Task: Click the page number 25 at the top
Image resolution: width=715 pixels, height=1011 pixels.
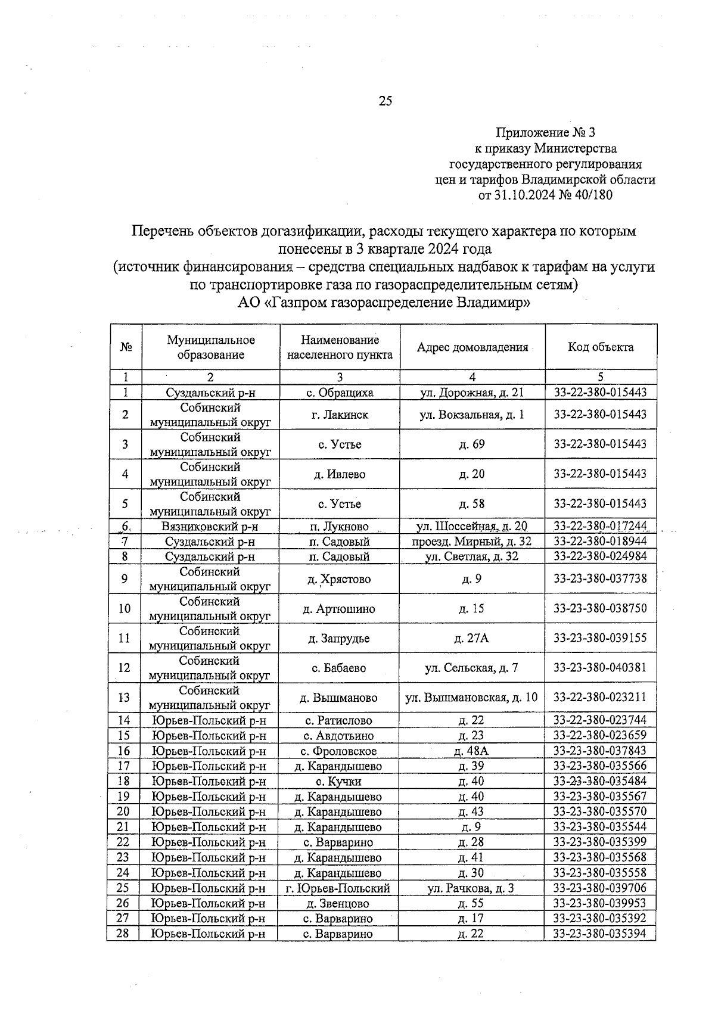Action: tap(385, 101)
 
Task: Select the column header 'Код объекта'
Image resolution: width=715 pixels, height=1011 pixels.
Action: tap(601, 347)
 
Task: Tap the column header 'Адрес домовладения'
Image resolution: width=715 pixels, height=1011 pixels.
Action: tap(472, 347)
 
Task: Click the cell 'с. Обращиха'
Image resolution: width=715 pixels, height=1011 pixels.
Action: tap(340, 393)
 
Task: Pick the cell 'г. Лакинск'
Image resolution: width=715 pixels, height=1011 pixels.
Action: tap(340, 415)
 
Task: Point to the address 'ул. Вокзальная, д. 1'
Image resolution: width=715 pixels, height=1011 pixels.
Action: tap(472, 415)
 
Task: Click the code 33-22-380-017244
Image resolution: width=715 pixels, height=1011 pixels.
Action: tap(600, 527)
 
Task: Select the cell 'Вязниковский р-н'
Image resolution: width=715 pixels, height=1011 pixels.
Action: tap(209, 527)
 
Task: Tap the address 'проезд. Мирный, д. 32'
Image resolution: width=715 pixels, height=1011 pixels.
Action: tap(472, 542)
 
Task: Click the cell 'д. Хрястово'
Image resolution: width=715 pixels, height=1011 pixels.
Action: tap(339, 579)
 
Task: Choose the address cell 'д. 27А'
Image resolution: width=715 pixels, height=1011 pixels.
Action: tap(471, 639)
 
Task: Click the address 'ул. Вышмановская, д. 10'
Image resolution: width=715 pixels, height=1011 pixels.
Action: tap(471, 698)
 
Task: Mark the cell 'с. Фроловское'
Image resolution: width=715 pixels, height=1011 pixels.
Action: tap(340, 751)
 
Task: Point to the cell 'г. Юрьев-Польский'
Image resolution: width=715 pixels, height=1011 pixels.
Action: tap(338, 888)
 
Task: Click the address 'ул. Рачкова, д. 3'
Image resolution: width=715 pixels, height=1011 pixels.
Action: tap(471, 888)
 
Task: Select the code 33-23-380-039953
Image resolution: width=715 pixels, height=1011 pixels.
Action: tap(599, 904)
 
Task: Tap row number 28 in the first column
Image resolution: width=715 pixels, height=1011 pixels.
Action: tap(123, 934)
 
